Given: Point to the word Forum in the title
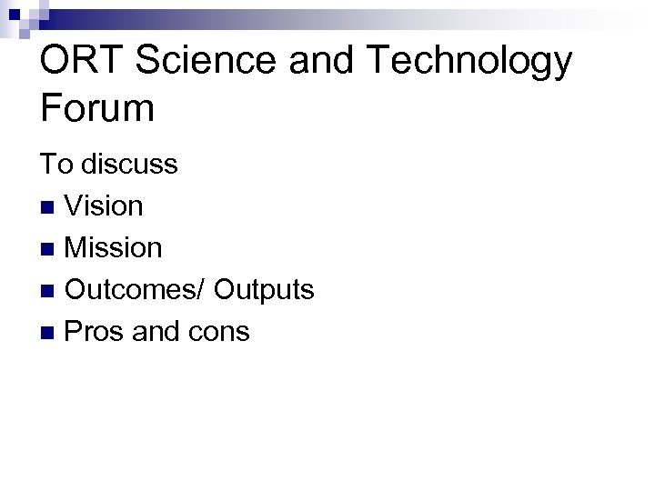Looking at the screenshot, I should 97,109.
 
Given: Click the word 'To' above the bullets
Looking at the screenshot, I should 55,165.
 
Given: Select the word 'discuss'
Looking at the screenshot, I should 129,165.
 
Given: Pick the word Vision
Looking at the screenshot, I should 105,206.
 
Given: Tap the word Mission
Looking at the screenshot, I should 114,247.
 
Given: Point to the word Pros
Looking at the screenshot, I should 96,332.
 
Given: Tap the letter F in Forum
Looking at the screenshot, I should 51,109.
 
